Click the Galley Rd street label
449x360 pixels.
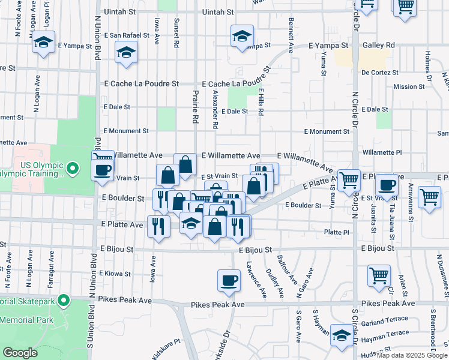point(379,46)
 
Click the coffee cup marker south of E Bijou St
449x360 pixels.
point(228,281)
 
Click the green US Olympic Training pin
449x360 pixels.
point(73,167)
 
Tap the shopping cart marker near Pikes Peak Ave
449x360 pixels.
point(379,276)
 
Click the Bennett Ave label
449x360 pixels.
point(291,37)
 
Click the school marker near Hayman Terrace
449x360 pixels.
point(342,335)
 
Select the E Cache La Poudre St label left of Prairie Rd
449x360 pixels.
point(142,84)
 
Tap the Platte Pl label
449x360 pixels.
point(336,232)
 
